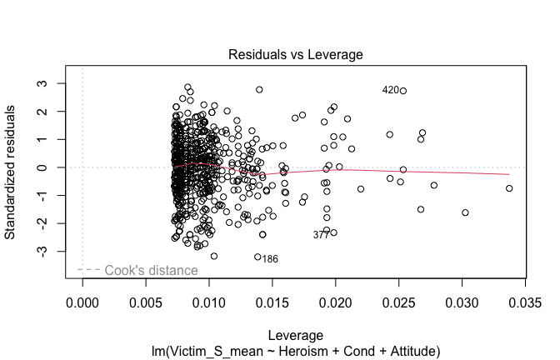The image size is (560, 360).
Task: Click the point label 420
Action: pyautogui.click(x=390, y=90)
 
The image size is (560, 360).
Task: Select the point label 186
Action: pyautogui.click(x=270, y=259)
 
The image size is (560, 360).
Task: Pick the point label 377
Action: pyautogui.click(x=321, y=235)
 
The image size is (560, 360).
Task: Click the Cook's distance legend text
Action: pyautogui.click(x=150, y=271)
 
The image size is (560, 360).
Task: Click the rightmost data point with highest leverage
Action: pyautogui.click(x=509, y=188)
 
